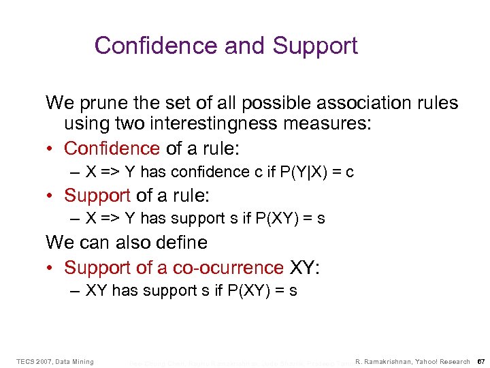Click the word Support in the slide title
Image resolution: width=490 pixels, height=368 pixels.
pos(315,46)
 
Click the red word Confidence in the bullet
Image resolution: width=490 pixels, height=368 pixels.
pos(112,148)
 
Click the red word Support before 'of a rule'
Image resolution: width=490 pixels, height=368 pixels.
pos(97,196)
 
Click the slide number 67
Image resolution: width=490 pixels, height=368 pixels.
pos(480,361)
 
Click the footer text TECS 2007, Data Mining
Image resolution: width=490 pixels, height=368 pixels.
pos(54,361)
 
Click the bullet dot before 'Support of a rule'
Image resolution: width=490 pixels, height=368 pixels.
pos(52,196)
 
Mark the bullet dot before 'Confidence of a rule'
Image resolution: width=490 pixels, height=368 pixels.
pos(52,149)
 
